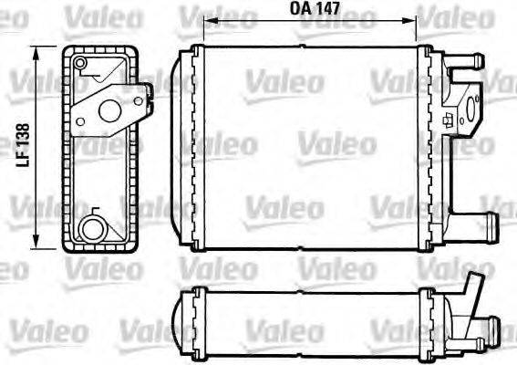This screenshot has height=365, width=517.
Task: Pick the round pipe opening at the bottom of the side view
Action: tap(92, 228)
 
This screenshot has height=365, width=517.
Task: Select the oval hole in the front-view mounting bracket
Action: tap(470, 115)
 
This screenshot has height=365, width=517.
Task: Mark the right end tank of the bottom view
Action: tap(429, 314)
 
